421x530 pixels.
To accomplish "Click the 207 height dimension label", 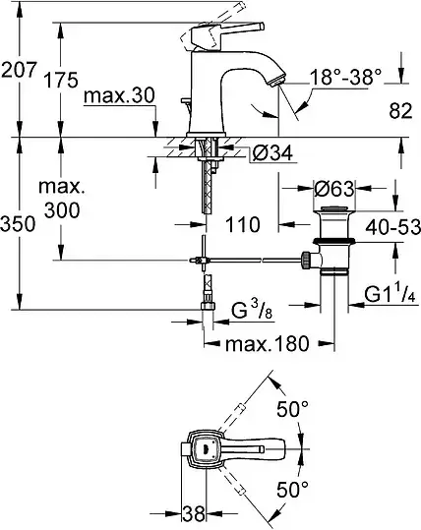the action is pyautogui.click(x=19, y=70).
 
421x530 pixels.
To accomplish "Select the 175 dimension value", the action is pyautogui.click(x=61, y=80).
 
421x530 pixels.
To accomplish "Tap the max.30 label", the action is pyautogui.click(x=119, y=95).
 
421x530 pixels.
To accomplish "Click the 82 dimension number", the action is pyautogui.click(x=400, y=110).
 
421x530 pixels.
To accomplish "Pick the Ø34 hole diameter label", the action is pyautogui.click(x=272, y=153).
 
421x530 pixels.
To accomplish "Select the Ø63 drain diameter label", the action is pyautogui.click(x=334, y=188).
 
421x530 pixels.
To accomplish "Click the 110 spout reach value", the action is pyautogui.click(x=243, y=224).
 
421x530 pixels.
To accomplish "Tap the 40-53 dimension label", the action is pyautogui.click(x=392, y=226).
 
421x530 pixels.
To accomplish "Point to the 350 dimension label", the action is pyautogui.click(x=18, y=224).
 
